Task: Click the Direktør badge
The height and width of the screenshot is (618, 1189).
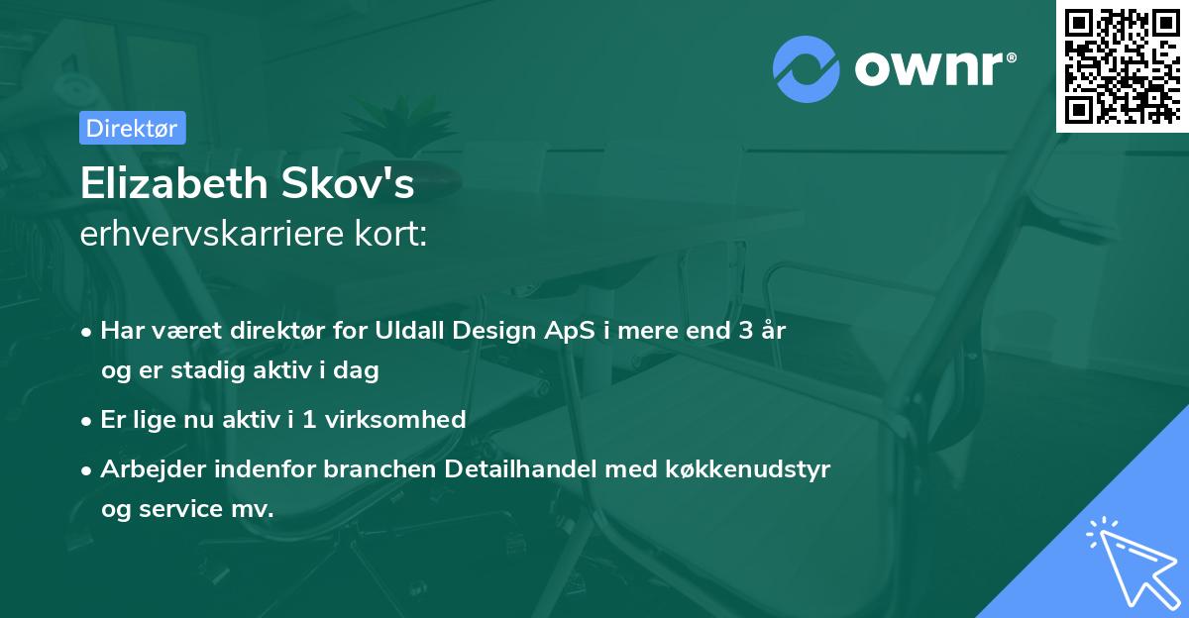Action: [132, 128]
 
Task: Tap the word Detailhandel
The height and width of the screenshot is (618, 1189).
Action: [519, 468]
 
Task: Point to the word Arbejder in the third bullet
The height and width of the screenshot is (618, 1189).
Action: [148, 468]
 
